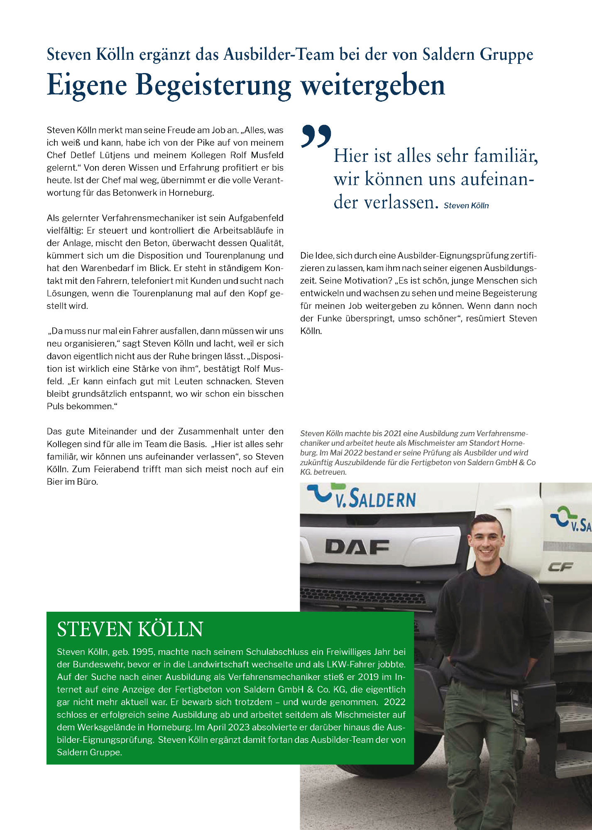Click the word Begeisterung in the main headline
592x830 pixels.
[x=213, y=86]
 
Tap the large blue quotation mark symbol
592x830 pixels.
[x=316, y=136]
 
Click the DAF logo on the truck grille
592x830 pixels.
[x=357, y=547]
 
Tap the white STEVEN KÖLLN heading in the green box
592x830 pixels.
[x=130, y=629]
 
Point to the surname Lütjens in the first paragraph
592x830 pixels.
[x=114, y=155]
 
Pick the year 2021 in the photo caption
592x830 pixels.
[x=393, y=434]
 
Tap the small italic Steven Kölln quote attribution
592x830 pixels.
[x=466, y=205]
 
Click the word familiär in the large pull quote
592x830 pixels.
[x=506, y=156]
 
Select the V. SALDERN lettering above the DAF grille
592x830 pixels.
[x=375, y=499]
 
